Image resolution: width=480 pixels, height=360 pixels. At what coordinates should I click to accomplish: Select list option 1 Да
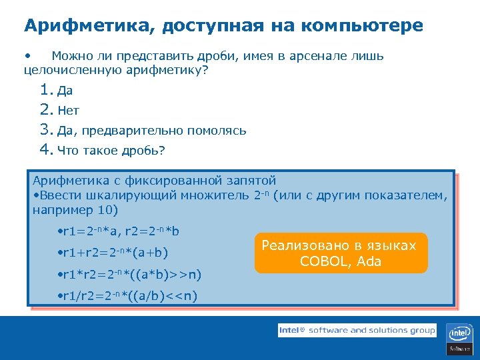pyautogui.click(x=65, y=91)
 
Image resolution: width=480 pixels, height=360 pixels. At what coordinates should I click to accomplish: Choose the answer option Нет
pyautogui.click(x=68, y=111)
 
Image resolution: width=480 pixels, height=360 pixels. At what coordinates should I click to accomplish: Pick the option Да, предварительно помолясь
pyautogui.click(x=152, y=131)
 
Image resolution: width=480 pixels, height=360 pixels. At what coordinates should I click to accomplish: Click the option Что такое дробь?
pyautogui.click(x=111, y=151)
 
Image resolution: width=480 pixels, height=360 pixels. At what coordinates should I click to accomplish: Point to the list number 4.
pyautogui.click(x=45, y=150)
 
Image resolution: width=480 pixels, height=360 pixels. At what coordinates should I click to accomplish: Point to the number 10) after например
pyautogui.click(x=107, y=211)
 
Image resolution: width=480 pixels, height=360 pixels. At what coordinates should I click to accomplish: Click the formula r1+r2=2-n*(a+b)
pyautogui.click(x=114, y=253)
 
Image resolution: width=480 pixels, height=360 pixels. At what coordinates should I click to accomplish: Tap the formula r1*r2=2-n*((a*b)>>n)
pyautogui.click(x=131, y=275)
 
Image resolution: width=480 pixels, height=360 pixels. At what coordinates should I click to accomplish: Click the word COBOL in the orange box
pyautogui.click(x=325, y=261)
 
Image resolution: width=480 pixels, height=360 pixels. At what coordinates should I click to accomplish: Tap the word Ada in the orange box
pyautogui.click(x=369, y=261)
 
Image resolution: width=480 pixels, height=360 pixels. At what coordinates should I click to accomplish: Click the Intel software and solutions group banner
pyautogui.click(x=357, y=330)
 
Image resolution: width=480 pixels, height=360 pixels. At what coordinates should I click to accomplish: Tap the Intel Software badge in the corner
pyautogui.click(x=459, y=338)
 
